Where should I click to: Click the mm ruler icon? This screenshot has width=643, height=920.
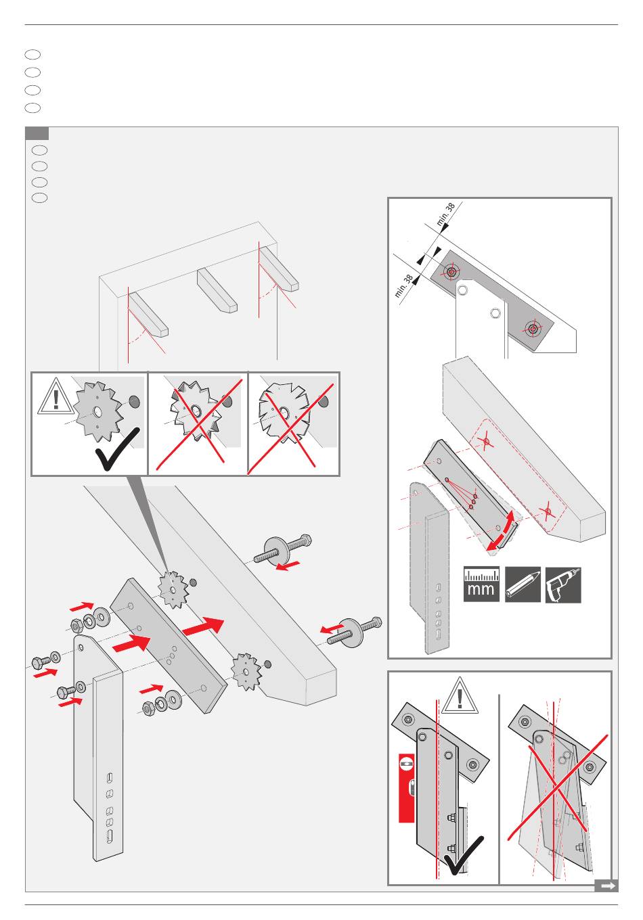coord(481,584)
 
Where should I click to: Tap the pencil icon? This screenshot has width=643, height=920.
coord(523,584)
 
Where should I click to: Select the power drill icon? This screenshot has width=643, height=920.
coord(563,584)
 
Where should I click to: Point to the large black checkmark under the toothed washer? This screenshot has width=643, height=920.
coord(117,449)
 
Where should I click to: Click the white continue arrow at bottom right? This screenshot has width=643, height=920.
coord(606,885)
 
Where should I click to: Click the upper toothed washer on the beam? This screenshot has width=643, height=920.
coord(173,588)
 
